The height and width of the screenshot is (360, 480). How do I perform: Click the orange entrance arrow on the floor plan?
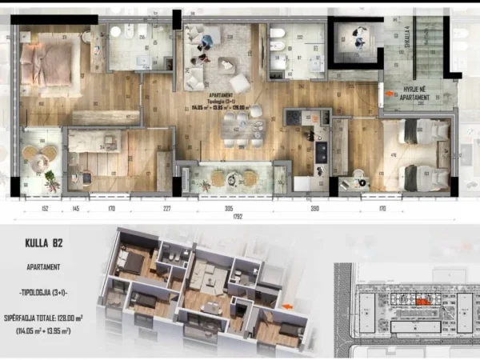pyautogui.click(x=390, y=93)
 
